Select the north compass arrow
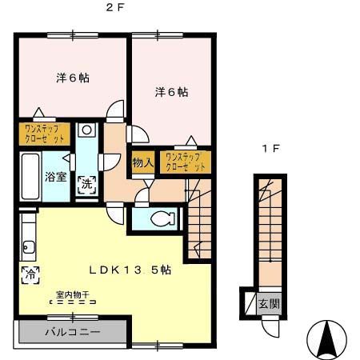pyautogui.click(x=328, y=339)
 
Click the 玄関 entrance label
pyautogui.click(x=269, y=304)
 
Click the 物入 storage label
pyautogui.click(x=142, y=162)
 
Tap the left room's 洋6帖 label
pyautogui.click(x=72, y=78)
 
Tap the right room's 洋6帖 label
pyautogui.click(x=171, y=92)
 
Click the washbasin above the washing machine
pyautogui.click(x=87, y=132)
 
